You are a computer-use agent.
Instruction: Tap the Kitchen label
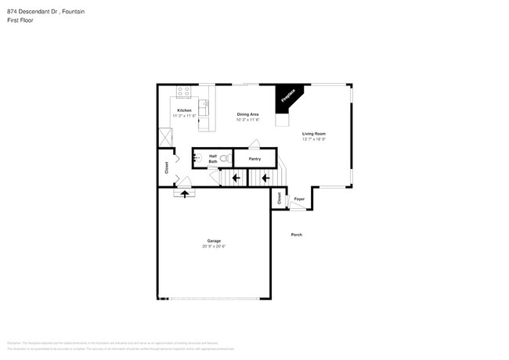pos(184,110)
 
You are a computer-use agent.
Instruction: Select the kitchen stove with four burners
pos(184,91)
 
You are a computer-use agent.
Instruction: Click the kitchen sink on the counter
pos(205,106)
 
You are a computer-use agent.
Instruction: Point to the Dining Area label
pos(248,114)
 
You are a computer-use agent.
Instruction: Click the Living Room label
pos(314,133)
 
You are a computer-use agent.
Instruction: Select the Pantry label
pos(254,159)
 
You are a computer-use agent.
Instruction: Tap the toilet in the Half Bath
pos(225,158)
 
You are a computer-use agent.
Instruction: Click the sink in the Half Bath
pos(198,157)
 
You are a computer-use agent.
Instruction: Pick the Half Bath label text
pos(212,158)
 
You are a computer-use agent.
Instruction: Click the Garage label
pos(214,240)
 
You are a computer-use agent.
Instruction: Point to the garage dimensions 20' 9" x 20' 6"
pos(214,247)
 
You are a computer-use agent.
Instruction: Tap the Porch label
pos(297,235)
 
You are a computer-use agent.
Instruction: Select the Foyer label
pos(298,200)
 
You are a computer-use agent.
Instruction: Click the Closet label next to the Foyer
pos(279,199)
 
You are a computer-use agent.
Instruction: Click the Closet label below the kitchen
pos(166,167)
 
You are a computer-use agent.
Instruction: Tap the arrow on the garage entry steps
pos(186,193)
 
